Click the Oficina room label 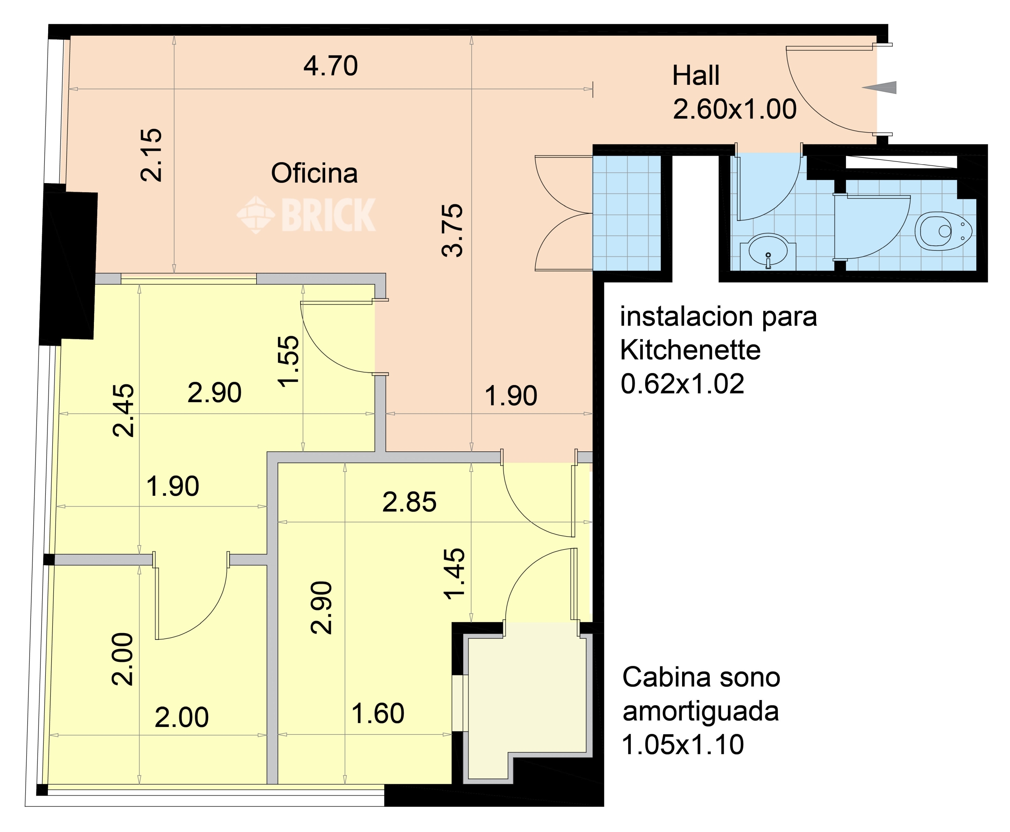pyautogui.click(x=314, y=173)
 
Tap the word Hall pyautogui.click(x=696, y=76)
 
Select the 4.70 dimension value pyautogui.click(x=331, y=66)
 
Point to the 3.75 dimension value pyautogui.click(x=452, y=231)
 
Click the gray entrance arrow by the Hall pyautogui.click(x=879, y=87)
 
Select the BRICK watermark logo pyautogui.click(x=306, y=215)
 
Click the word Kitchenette pyautogui.click(x=690, y=350)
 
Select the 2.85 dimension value pyautogui.click(x=409, y=502)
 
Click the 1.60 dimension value pyautogui.click(x=378, y=713)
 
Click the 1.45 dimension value pyautogui.click(x=454, y=574)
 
